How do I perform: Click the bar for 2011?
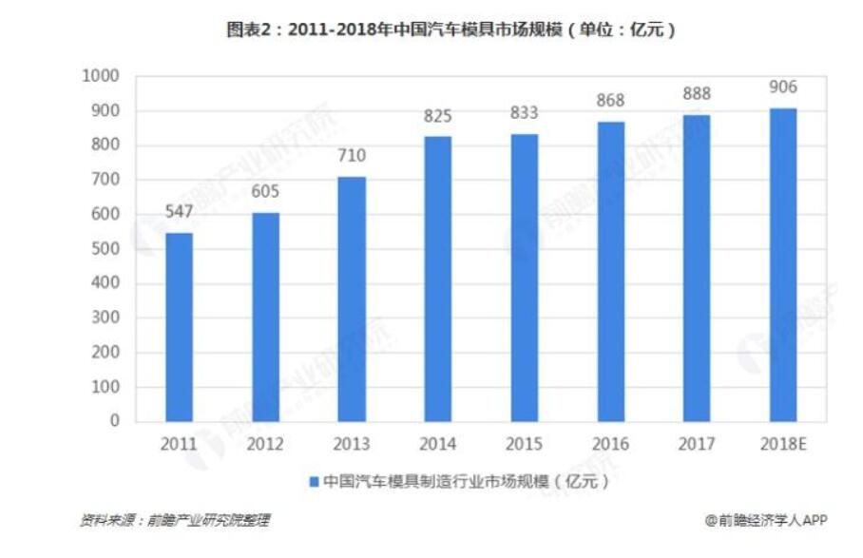pyautogui.click(x=179, y=326)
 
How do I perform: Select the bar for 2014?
pyautogui.click(x=437, y=278)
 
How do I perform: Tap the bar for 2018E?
pyautogui.click(x=782, y=264)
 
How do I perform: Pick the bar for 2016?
pyautogui.click(x=610, y=271)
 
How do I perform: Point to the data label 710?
pyautogui.click(x=351, y=157)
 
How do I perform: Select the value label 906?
pyautogui.click(x=782, y=88)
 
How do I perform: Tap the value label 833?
pyautogui.click(x=524, y=113)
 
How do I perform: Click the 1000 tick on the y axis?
pyautogui.click(x=101, y=77)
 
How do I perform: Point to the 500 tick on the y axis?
pyautogui.click(x=105, y=249)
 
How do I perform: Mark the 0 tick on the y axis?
pyautogui.click(x=115, y=421)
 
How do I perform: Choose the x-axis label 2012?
pyautogui.click(x=265, y=444)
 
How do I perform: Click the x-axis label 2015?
pyautogui.click(x=524, y=444)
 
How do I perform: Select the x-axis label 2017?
pyautogui.click(x=696, y=444)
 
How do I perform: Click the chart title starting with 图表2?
pyautogui.click(x=451, y=30)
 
